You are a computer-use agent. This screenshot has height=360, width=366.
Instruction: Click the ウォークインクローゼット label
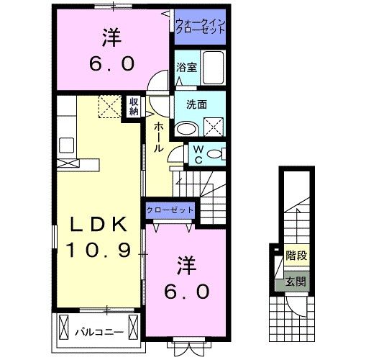pyautogui.click(x=201, y=27)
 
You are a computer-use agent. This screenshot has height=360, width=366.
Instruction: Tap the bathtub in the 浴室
pyautogui.click(x=214, y=68)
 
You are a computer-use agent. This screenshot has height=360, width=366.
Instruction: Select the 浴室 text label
pyautogui.click(x=187, y=68)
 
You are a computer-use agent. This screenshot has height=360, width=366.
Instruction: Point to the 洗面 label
pyautogui.click(x=196, y=104)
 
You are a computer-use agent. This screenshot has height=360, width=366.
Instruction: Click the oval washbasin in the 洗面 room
pyautogui.click(x=188, y=130)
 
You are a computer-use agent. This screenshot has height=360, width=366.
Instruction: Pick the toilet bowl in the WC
pyautogui.click(x=214, y=153)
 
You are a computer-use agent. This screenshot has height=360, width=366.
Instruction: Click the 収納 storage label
pyautogui.click(x=134, y=107)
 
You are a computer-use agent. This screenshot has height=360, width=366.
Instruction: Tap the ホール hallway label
pyautogui.click(x=158, y=137)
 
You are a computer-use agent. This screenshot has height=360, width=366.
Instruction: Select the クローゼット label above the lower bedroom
pyautogui.click(x=170, y=210)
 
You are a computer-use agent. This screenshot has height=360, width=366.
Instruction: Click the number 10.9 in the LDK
pyautogui.click(x=99, y=250)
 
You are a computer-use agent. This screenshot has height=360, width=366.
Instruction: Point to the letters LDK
pyautogui.click(x=99, y=224)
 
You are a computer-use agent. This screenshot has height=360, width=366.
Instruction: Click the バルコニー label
pyautogui.click(x=100, y=332)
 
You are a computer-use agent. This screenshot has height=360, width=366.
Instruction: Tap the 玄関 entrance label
pyautogui.click(x=296, y=282)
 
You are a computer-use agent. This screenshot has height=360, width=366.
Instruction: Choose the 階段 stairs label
pyautogui.click(x=296, y=256)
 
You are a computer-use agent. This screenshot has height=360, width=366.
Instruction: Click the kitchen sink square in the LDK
pyautogui.click(x=66, y=145)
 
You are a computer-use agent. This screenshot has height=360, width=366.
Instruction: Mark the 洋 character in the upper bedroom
pyautogui.click(x=111, y=37)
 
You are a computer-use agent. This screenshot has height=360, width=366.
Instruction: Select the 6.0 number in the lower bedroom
pyautogui.click(x=187, y=292)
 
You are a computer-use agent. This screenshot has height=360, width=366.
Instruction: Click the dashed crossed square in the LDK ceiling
pyautogui.click(x=110, y=107)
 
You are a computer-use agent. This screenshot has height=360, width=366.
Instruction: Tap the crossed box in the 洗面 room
pyautogui.click(x=214, y=127)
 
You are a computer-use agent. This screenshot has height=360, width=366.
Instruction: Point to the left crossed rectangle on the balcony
pyautogui.click(x=63, y=327)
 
